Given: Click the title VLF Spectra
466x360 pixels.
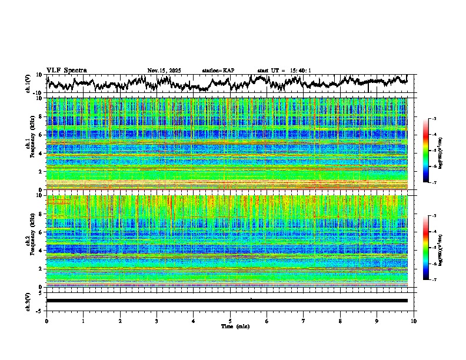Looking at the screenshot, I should pos(66,70).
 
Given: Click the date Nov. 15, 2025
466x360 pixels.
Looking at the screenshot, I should pos(164,71).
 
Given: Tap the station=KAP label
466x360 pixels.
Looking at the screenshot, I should pos(218,71).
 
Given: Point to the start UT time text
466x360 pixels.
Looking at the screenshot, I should pos(284,71).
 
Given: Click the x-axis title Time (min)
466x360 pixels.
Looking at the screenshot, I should pos(230,326).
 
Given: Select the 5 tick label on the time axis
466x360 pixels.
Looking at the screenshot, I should pos(230,321).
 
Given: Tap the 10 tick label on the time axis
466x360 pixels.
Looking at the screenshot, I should pos(414,321).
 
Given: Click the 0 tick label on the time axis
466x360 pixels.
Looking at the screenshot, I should pos(46,321).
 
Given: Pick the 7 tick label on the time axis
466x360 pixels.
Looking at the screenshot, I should pos(304,321).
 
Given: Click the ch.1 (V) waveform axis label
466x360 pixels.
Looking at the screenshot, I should pos(28,84).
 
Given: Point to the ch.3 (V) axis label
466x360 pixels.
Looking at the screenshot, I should pos(28,300).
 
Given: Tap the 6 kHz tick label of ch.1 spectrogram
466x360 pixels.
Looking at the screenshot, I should pos(40,135).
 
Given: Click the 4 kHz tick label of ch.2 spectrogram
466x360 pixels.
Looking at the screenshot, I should pos(40,251).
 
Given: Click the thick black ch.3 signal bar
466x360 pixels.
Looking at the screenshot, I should pos(227,301).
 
